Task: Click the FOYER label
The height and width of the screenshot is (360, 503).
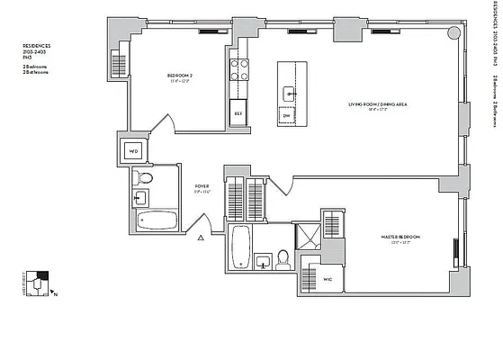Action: [202, 188]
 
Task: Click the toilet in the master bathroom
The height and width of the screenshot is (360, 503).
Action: [283, 261]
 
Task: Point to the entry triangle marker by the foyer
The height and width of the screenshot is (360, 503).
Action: [202, 238]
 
